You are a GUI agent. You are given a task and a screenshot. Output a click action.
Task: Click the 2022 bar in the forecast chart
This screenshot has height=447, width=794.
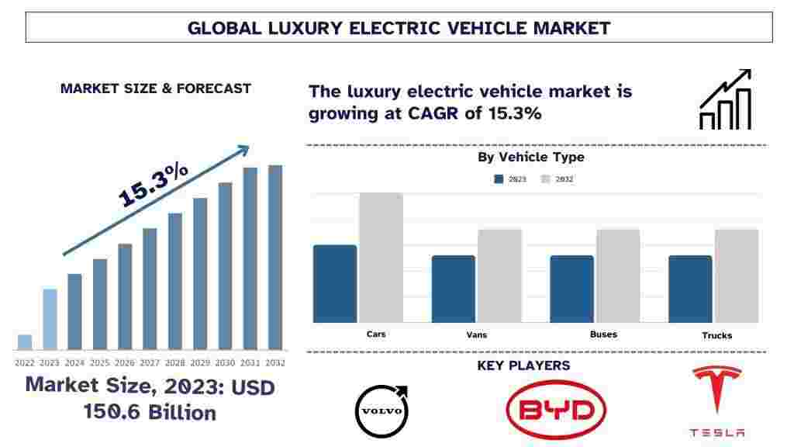coord(25,342)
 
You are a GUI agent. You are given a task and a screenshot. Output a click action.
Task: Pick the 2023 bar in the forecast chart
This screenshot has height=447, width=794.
coord(50,319)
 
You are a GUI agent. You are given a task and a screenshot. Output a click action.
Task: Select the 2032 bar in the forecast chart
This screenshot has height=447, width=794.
coord(275,257)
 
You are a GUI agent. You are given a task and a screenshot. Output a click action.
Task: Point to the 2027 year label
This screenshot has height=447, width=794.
coord(150,362)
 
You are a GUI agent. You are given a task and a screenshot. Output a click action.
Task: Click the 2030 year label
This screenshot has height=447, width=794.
coord(225,362)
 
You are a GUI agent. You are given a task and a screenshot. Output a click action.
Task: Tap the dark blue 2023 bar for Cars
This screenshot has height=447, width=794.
coord(335,283)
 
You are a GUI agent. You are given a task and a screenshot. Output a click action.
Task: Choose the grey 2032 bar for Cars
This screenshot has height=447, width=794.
coord(381,258)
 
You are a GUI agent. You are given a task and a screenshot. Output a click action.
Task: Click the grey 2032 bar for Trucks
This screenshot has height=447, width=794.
coord(736,275)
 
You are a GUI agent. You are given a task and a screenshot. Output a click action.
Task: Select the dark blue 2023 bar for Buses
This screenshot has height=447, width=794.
coord(571,289)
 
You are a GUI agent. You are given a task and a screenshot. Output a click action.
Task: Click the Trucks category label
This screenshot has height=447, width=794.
coord(717,335)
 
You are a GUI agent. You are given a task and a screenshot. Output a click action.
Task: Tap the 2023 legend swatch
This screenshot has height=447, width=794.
coord(499,179)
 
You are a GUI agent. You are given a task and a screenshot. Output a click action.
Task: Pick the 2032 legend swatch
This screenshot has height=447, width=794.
coord(545,179)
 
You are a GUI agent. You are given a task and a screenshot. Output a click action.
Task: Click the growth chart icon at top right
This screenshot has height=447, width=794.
coord(725,100)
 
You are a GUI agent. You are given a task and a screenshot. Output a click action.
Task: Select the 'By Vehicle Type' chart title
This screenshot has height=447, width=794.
coord(531,158)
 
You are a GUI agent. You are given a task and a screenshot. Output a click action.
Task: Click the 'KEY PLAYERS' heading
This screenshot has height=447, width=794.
coord(523,366)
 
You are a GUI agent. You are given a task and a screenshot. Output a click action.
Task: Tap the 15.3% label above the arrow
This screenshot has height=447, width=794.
coord(154,185)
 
